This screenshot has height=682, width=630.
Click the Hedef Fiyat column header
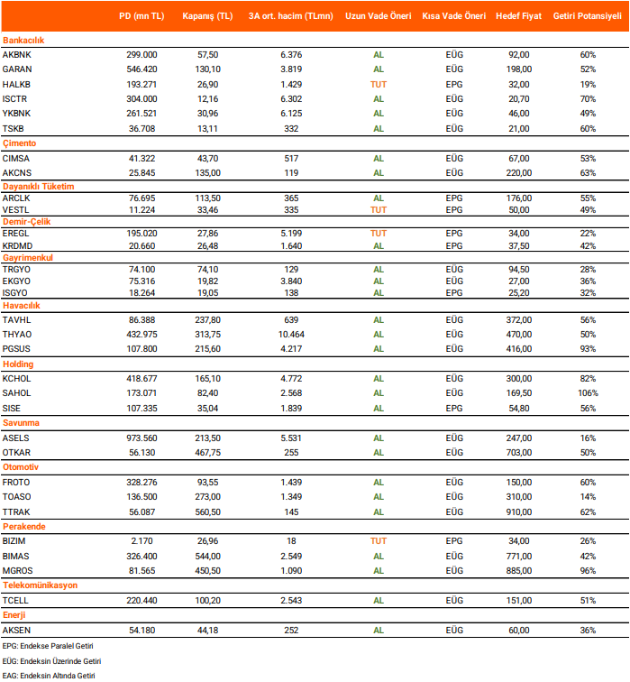coord(519,16)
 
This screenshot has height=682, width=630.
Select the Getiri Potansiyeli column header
coord(588,16)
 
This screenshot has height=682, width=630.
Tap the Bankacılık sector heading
coord(24,41)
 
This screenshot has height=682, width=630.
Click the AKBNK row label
coord(18,55)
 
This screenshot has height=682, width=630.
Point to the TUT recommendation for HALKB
coord(379,84)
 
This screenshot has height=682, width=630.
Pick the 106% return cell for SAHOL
coord(588,393)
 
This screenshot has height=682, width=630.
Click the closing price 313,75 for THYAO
coord(207,335)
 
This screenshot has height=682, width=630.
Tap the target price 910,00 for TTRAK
coord(519,511)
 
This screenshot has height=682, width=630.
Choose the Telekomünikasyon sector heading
coord(40,585)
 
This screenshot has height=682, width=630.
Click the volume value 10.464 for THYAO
coord(292,335)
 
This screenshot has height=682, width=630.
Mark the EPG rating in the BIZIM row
coord(454,540)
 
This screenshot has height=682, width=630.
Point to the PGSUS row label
coord(18,349)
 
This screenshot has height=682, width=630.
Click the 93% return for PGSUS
coord(588,349)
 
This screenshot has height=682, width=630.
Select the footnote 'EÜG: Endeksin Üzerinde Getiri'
coord(50,660)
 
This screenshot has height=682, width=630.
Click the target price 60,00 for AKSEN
coord(519,630)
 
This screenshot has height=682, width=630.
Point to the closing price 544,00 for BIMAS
coord(207,555)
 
